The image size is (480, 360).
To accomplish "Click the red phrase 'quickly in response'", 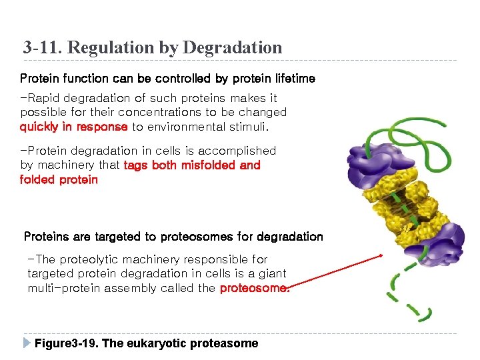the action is [x=73, y=127].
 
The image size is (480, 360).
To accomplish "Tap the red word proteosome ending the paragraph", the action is [x=254, y=289].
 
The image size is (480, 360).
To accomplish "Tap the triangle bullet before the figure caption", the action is [x=26, y=343].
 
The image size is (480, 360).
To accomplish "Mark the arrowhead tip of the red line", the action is [x=381, y=255].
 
